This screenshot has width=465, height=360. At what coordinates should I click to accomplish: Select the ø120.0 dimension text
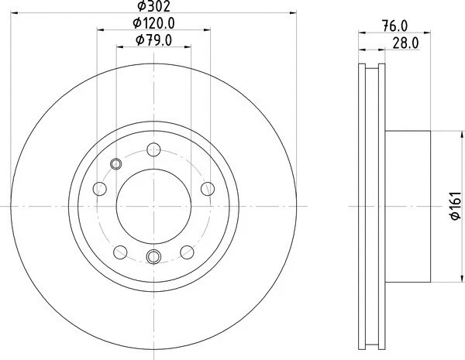coord(153,24)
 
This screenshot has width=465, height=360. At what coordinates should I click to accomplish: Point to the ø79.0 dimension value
coord(153,40)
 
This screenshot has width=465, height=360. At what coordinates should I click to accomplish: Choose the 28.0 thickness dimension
coord(405,43)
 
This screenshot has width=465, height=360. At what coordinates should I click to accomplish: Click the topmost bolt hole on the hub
coord(152,152)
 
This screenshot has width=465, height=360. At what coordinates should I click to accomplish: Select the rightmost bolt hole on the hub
coord(207,187)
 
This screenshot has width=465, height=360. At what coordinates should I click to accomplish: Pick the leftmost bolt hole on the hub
coord(98,187)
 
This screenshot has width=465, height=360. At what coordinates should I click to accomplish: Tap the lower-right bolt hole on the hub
coord(186,251)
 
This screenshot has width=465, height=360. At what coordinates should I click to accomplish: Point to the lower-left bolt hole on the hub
coord(119,251)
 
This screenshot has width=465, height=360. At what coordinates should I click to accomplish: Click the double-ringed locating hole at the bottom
coord(153,257)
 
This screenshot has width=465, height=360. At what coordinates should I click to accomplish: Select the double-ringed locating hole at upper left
coord(117,163)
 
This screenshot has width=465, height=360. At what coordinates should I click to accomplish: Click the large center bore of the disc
coord(153,205)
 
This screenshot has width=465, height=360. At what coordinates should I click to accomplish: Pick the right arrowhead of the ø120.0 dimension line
coord(209,30)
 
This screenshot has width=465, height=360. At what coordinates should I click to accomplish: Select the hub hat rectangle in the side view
coord(407,206)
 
